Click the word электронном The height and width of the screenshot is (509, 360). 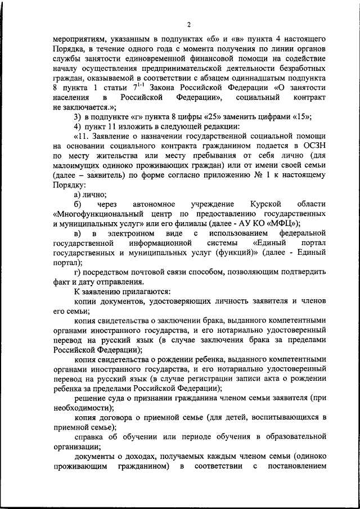(x=132, y=233)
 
